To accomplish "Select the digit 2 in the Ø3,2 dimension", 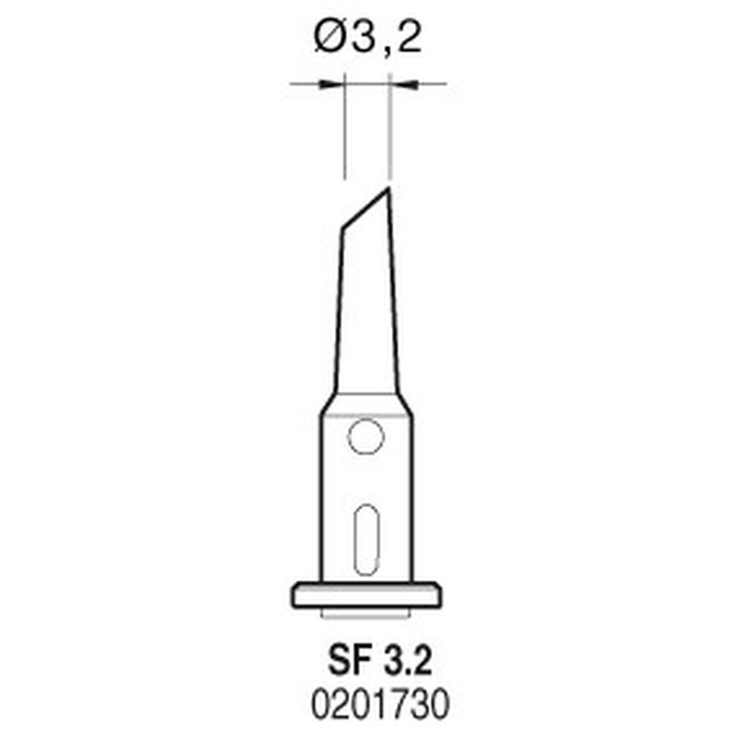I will (408, 38).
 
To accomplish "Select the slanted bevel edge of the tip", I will (365, 209).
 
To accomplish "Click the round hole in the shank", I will (365, 436).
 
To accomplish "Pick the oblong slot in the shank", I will (365, 539).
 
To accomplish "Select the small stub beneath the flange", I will (365, 614).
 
